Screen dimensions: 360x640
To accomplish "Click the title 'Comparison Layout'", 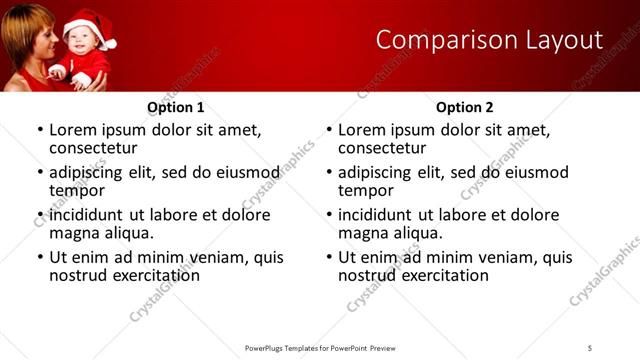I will click(x=489, y=40).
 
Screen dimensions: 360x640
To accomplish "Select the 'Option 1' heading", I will click(x=175, y=107).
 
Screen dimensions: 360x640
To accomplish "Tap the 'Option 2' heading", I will click(x=464, y=107).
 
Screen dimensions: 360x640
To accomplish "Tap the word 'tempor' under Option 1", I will click(x=78, y=190).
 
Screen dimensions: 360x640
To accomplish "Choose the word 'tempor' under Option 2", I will click(x=367, y=190).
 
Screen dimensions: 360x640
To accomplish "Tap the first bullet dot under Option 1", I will click(x=39, y=131).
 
